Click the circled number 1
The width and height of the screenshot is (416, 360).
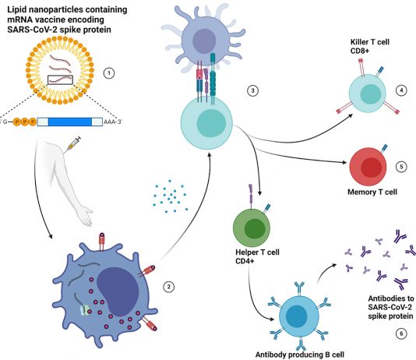pos(109,73)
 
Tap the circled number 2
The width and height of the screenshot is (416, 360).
pos(169,287)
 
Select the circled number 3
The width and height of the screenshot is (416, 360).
pos(252,90)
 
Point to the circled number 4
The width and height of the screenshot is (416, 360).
pos(401,90)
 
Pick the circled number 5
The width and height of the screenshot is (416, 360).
pos(401,167)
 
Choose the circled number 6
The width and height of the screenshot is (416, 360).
pos(401,334)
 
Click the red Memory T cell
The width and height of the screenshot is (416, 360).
pos(368,167)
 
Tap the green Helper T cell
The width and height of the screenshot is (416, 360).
pos(252,228)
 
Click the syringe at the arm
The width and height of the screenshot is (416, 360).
pos(72,144)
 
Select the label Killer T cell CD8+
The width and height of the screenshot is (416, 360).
pos(370,46)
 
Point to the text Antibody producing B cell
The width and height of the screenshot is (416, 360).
pos(300,355)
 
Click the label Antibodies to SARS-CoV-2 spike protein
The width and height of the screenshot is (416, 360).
pos(391,307)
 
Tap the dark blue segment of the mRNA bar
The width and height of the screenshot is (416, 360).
pos(70,122)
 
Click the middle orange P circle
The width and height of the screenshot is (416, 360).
pos(25,122)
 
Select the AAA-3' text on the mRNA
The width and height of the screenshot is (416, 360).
pos(112,122)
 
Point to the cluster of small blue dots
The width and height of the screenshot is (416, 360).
pos(170,196)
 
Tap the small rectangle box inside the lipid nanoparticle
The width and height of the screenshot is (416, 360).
pos(60,79)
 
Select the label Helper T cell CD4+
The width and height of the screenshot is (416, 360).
pos(257,256)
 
